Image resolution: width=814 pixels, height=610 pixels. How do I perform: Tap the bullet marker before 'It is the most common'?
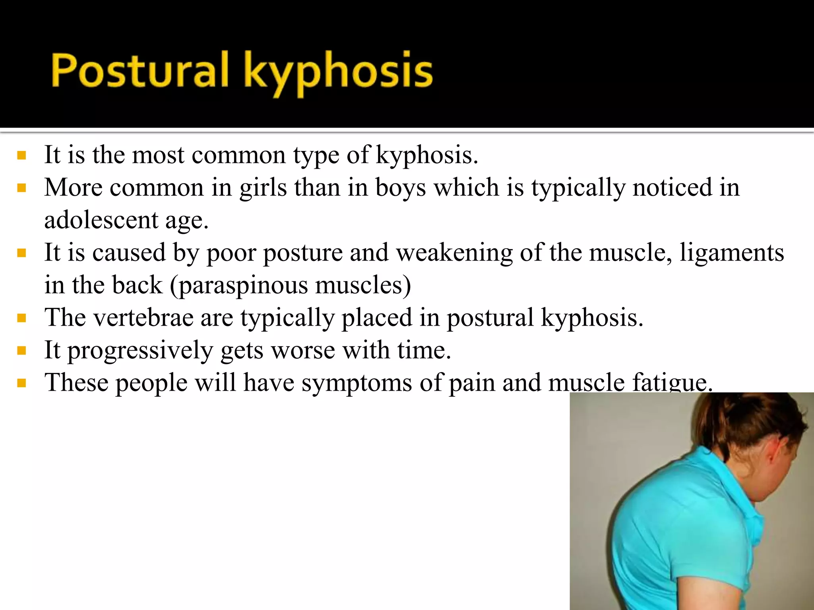[x=22, y=155]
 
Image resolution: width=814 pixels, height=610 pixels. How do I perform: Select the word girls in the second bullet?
[x=263, y=187]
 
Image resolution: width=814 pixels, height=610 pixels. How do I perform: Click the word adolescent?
[x=101, y=220]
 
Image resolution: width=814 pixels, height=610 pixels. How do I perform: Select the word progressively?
[x=140, y=351]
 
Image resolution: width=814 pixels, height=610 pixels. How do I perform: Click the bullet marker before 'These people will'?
[x=22, y=383]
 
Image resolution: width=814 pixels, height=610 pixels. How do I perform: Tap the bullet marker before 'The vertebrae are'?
[x=22, y=318]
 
